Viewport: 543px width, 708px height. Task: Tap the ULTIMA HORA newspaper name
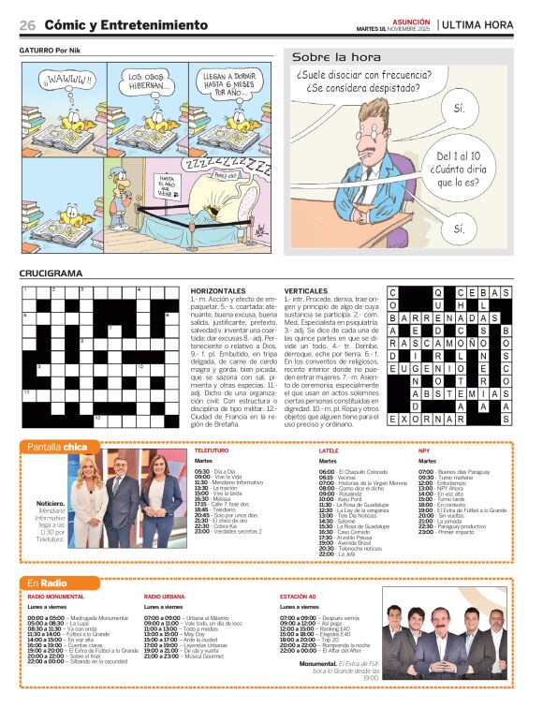pos(477,24)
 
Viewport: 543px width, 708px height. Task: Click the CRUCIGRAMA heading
pos(51,273)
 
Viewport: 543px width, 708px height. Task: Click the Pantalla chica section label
pos(57,447)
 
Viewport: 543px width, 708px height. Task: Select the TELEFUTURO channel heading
pos(212,451)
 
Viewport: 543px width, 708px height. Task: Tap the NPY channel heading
pos(424,451)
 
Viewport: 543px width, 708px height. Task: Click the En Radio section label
pos(49,583)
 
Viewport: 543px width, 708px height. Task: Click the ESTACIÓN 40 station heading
pos(301,596)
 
